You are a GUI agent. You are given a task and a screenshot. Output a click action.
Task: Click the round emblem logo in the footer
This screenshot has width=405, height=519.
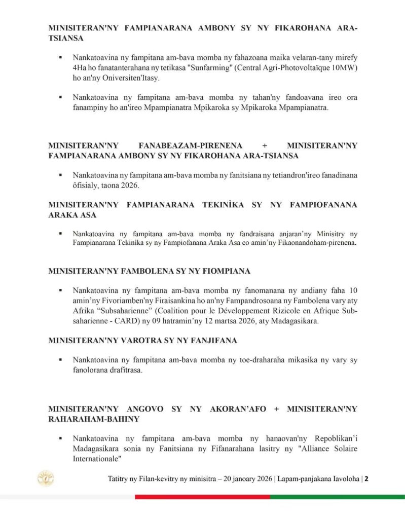[46, 478]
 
